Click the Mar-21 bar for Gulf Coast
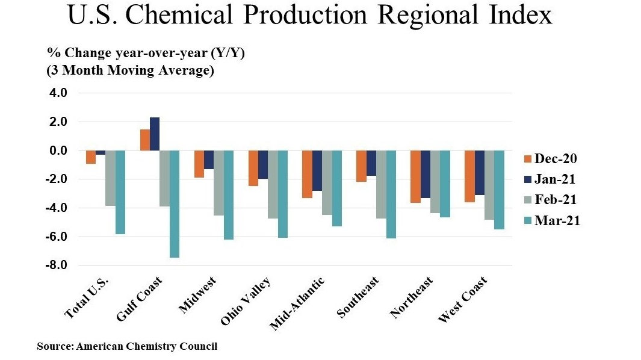(175, 203)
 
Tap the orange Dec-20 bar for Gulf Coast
(145, 140)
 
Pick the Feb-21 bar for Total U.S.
(110, 178)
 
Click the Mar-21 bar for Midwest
(229, 195)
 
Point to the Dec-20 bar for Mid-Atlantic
(307, 174)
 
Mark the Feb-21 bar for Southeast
(381, 184)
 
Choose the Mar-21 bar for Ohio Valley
(283, 194)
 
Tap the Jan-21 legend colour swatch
(527, 179)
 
